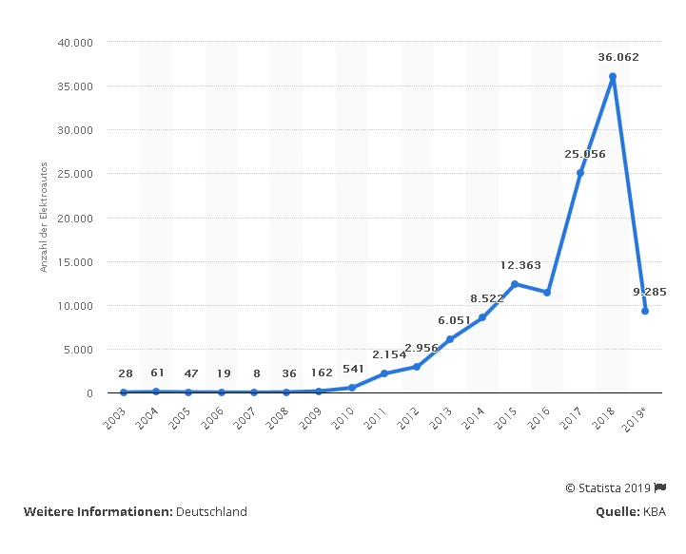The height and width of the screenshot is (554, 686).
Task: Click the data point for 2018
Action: pyautogui.click(x=613, y=77)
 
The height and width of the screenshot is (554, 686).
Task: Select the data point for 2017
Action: pyautogui.click(x=580, y=173)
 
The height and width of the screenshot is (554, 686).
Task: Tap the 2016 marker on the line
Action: pyautogui.click(x=547, y=293)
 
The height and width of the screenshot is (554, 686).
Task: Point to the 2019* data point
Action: pyautogui.click(x=646, y=311)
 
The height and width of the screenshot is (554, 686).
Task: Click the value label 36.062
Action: pyautogui.click(x=618, y=57)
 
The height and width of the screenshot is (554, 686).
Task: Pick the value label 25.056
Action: pyautogui.click(x=584, y=154)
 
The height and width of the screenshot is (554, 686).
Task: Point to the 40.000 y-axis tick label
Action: pyautogui.click(x=73, y=43)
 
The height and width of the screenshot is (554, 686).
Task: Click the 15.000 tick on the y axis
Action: pyautogui.click(x=73, y=261)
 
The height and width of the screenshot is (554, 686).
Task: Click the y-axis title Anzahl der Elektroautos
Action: pyautogui.click(x=44, y=218)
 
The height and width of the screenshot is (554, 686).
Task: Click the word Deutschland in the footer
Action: pyautogui.click(x=211, y=511)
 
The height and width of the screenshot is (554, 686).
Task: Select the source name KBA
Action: pyautogui.click(x=654, y=511)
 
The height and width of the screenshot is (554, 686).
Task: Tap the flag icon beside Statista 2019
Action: pyautogui.click(x=660, y=487)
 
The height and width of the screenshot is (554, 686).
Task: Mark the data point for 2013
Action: pyautogui.click(x=450, y=339)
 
